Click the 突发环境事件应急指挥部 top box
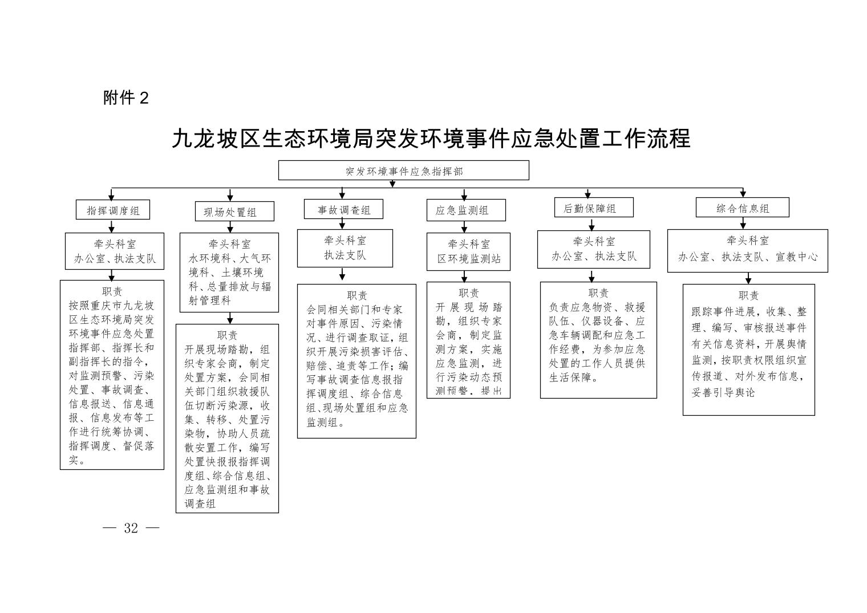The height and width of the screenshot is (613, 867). tap(403, 170)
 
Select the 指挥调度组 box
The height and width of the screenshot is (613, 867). tap(112, 210)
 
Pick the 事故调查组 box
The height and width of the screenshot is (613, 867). tap(343, 209)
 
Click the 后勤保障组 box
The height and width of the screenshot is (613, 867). tap(589, 208)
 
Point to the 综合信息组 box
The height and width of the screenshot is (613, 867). tap(742, 208)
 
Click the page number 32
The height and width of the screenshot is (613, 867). tap(131, 528)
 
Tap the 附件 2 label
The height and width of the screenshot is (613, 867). tap(126, 98)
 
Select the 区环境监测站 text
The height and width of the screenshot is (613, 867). tap(469, 258)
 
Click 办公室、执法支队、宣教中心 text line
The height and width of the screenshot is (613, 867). tap(747, 257)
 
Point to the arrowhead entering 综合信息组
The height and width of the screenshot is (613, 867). tap(743, 194)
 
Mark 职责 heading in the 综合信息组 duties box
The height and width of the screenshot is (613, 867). tap(748, 295)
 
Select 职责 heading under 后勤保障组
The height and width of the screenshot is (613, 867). tap(598, 293)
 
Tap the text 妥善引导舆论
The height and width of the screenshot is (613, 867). tap(723, 393)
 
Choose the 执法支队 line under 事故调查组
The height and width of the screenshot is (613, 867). tap(345, 255)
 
